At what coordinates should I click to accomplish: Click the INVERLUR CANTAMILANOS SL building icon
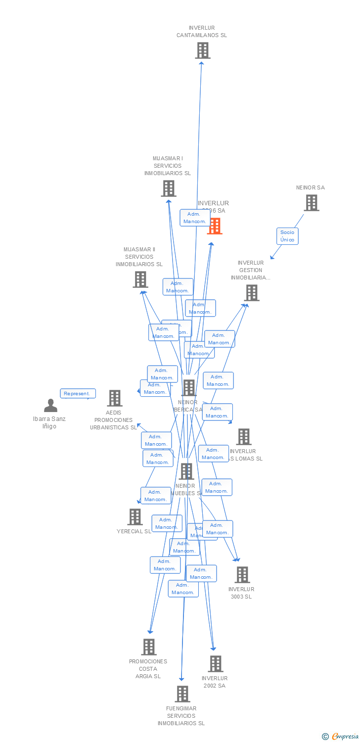(202, 50)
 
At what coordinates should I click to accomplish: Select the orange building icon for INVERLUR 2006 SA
(215, 226)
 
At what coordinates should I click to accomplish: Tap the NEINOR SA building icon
(311, 203)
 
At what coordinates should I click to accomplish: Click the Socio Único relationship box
(287, 236)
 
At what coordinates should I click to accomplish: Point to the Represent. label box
(78, 394)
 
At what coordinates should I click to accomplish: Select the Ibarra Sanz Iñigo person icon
(50, 406)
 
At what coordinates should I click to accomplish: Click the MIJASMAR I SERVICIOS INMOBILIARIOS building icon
(169, 188)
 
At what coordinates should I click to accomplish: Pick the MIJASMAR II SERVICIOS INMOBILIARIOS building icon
(140, 279)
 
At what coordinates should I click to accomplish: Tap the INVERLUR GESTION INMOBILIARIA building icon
(251, 293)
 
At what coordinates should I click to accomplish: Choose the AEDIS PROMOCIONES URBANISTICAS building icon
(115, 398)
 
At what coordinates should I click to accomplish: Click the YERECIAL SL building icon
(135, 517)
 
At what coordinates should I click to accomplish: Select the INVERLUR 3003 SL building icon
(242, 575)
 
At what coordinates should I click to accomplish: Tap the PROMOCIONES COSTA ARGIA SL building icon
(149, 647)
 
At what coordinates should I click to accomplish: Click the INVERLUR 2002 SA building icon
(216, 664)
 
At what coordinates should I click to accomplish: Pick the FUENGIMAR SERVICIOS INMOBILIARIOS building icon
(182, 694)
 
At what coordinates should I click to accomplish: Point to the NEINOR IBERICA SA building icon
(189, 388)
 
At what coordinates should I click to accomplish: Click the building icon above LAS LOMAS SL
(244, 437)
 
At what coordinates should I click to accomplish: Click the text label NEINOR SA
(311, 187)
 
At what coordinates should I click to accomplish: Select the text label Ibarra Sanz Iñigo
(49, 422)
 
